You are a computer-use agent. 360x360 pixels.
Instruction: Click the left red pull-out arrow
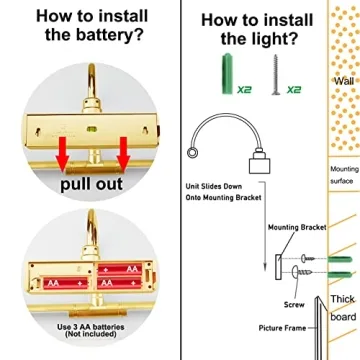coord(62,154)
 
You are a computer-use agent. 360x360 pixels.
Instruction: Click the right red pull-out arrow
coord(123,154)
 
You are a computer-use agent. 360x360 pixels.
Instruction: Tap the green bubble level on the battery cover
coord(91,128)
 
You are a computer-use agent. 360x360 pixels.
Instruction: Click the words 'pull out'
coord(91,184)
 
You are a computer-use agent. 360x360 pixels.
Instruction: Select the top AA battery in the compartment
coord(120,269)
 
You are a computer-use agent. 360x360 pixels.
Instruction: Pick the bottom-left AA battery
coord(65,283)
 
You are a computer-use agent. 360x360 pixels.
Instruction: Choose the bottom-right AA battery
coord(120,283)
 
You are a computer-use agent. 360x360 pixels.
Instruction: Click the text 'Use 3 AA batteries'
coord(91,327)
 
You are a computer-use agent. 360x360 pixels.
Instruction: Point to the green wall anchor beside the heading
coord(227,73)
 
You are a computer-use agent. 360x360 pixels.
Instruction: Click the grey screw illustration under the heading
coord(276,75)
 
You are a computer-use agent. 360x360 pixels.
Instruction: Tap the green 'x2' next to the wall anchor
coord(244,89)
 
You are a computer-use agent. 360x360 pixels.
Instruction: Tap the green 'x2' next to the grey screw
coord(294,89)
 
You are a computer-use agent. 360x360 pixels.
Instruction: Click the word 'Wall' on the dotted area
coord(344,81)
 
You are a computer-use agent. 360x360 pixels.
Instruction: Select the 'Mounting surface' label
coord(344,175)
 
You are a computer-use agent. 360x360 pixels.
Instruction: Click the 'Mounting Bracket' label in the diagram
coord(297,227)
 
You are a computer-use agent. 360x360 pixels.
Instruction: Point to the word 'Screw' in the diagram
coord(294,304)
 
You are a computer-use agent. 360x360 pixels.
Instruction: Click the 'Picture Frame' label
coord(282,328)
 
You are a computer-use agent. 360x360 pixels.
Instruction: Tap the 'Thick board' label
coord(343,308)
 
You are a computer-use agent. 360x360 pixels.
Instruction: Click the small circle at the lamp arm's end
coord(192,153)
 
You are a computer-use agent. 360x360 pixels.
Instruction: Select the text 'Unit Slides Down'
coord(214,186)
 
